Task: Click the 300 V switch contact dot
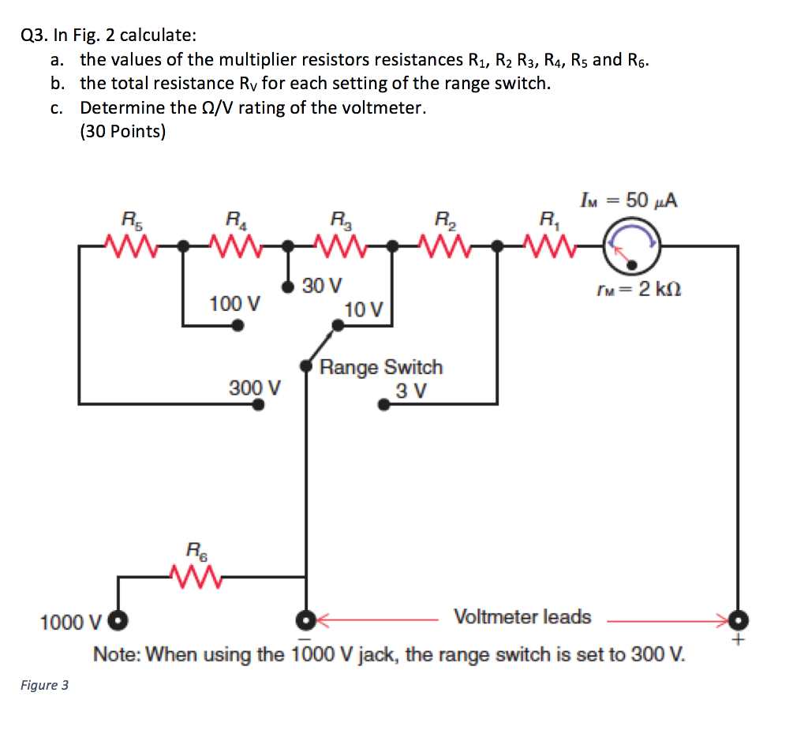pos(258,404)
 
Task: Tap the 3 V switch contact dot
pos(383,405)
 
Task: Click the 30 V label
pos(322,285)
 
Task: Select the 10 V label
pos(364,309)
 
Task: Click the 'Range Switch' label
pos(381,367)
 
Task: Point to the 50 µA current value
pos(652,200)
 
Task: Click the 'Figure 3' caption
pos(45,685)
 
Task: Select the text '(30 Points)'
pos(122,131)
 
